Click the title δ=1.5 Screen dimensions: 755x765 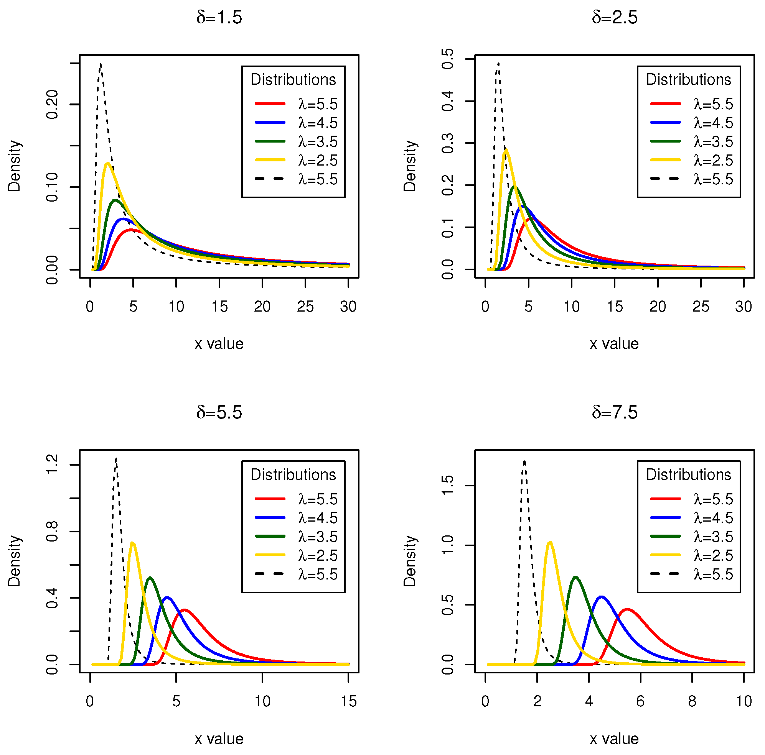[x=219, y=18]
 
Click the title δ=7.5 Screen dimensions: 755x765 [x=614, y=413]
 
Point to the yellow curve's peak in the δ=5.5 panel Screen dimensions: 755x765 [x=132, y=543]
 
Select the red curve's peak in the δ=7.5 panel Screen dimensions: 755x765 [x=628, y=609]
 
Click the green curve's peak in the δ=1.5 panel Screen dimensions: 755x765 [x=115, y=200]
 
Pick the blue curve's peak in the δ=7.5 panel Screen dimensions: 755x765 [x=602, y=597]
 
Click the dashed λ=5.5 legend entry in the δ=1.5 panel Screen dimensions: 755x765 [x=296, y=179]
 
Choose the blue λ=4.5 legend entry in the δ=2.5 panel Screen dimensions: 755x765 [x=691, y=123]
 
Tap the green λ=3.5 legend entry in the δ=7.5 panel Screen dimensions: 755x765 [x=691, y=537]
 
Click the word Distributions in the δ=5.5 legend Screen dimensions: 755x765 [x=293, y=474]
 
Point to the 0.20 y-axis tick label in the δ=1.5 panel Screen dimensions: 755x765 [x=52, y=104]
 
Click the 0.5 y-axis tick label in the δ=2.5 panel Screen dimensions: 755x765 [x=447, y=59]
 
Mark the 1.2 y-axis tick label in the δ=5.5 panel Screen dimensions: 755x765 [x=52, y=464]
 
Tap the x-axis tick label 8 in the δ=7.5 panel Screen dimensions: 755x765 [x=692, y=701]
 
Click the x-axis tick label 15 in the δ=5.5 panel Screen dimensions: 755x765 [x=348, y=701]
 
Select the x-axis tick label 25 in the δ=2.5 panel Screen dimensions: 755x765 [x=701, y=307]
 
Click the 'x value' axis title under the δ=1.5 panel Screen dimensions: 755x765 [x=219, y=344]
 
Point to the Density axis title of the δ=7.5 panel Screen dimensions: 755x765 [x=410, y=561]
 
